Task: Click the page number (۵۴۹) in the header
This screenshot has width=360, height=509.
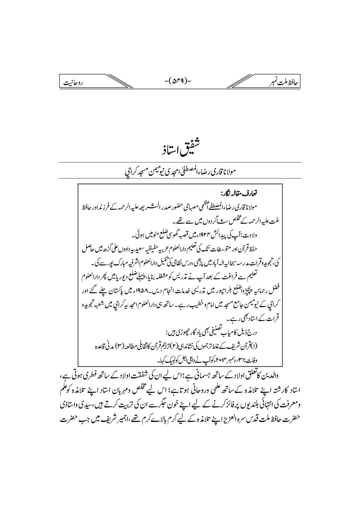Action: click(x=180, y=81)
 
